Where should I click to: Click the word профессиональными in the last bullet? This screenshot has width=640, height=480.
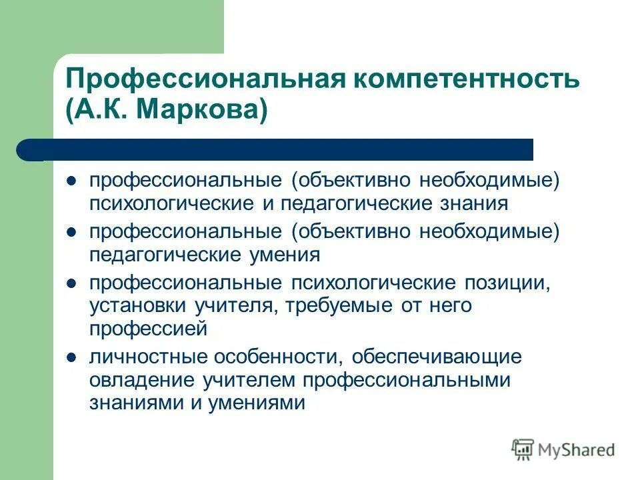tap(407, 380)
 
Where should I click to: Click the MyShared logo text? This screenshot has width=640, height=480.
tap(577, 450)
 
